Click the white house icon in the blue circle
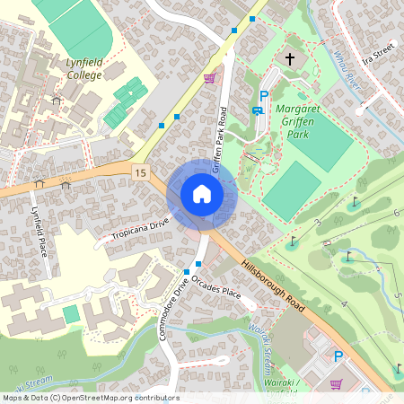pyautogui.click(x=202, y=194)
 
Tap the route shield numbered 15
pyautogui.click(x=139, y=171)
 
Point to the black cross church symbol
pyautogui.click(x=289, y=59)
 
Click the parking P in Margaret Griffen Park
pyautogui.click(x=264, y=96)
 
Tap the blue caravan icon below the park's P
pyautogui.click(x=258, y=110)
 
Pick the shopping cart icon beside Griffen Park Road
pyautogui.click(x=209, y=79)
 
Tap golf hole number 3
pyautogui.click(x=317, y=221)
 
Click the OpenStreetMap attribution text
pyautogui.click(x=91, y=398)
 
